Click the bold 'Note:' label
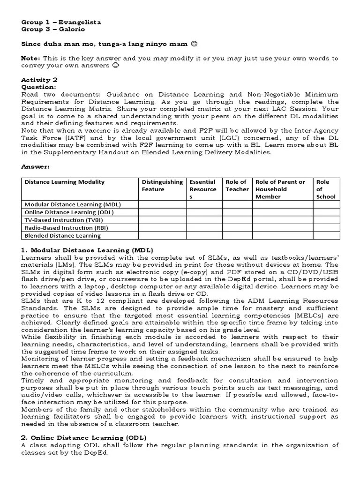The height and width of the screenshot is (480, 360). tap(31, 58)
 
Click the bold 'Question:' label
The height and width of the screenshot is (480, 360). tap(38, 87)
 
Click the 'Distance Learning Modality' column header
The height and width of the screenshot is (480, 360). tap(65, 182)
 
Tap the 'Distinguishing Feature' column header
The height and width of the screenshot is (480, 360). tap(162, 186)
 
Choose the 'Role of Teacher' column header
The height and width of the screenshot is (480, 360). tap(237, 186)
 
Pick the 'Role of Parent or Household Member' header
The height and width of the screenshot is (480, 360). tap(280, 189)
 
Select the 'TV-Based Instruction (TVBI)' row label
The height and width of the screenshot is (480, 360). tap(63, 220)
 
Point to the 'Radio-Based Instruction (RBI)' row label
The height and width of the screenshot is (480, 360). tap(66, 228)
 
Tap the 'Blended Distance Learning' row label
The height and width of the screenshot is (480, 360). tap(62, 236)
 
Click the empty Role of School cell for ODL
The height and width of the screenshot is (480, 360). tap(326, 212)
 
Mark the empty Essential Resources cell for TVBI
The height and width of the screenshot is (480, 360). tap(204, 220)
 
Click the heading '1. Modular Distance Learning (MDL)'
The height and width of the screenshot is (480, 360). tap(87, 250)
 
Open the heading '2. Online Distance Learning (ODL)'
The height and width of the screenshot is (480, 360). tap(84, 438)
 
